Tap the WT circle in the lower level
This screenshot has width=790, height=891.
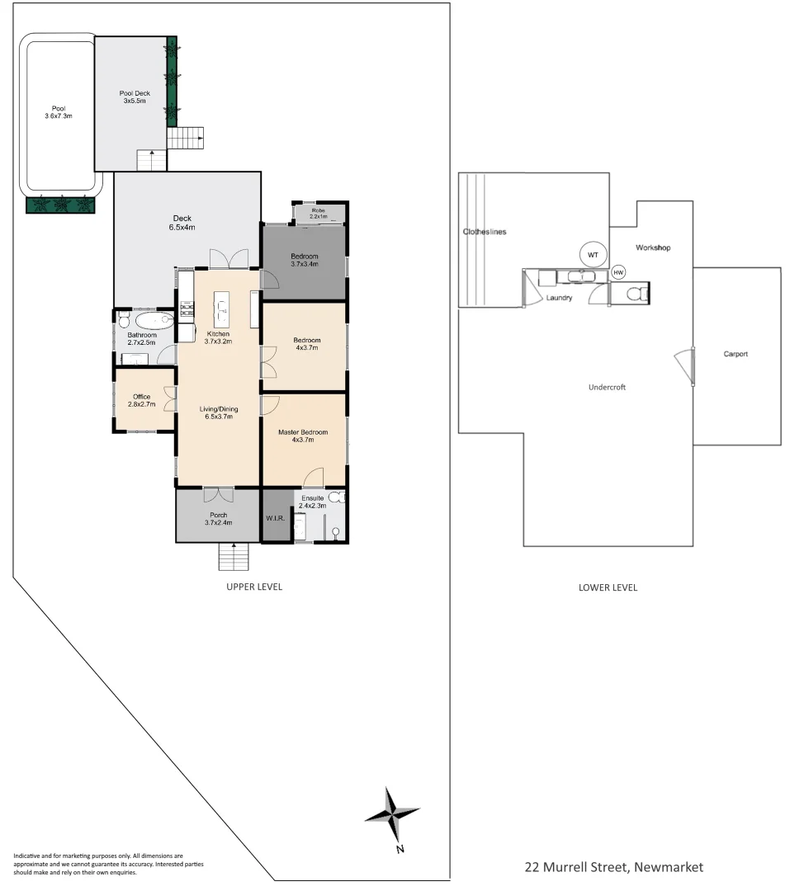pyautogui.click(x=592, y=255)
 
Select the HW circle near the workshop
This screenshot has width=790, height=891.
pyautogui.click(x=618, y=272)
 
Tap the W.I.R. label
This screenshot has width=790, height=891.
pyautogui.click(x=276, y=519)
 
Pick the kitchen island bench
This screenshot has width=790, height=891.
pyautogui.click(x=222, y=309)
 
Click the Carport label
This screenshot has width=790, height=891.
pyautogui.click(x=735, y=354)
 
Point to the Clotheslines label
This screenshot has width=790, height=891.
pyautogui.click(x=484, y=232)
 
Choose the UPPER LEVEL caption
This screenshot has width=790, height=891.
pyautogui.click(x=254, y=587)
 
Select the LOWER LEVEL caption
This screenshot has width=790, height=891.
pyautogui.click(x=608, y=588)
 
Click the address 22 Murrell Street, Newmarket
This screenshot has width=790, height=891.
pyautogui.click(x=613, y=867)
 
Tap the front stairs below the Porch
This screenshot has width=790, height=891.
pyautogui.click(x=234, y=559)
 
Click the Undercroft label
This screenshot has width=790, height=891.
pyautogui.click(x=607, y=387)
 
